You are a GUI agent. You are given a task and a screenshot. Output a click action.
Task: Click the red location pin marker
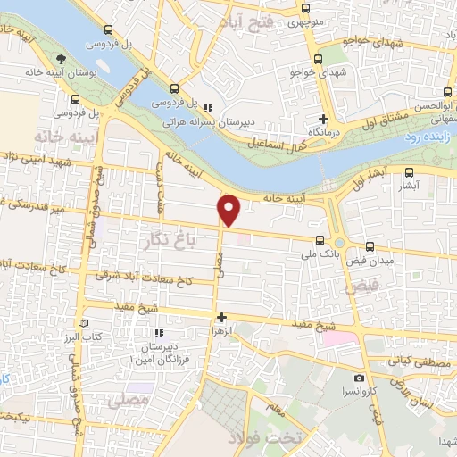[229, 209]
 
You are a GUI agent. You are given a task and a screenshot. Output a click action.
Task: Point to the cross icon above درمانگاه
[325, 120]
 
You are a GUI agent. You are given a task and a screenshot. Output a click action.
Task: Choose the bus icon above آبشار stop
[409, 172]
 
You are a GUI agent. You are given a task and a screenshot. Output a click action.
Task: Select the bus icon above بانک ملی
[320, 239]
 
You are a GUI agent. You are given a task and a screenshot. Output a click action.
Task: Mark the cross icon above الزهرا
[221, 317]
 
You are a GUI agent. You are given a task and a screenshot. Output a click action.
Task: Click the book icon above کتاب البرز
[84, 323]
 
